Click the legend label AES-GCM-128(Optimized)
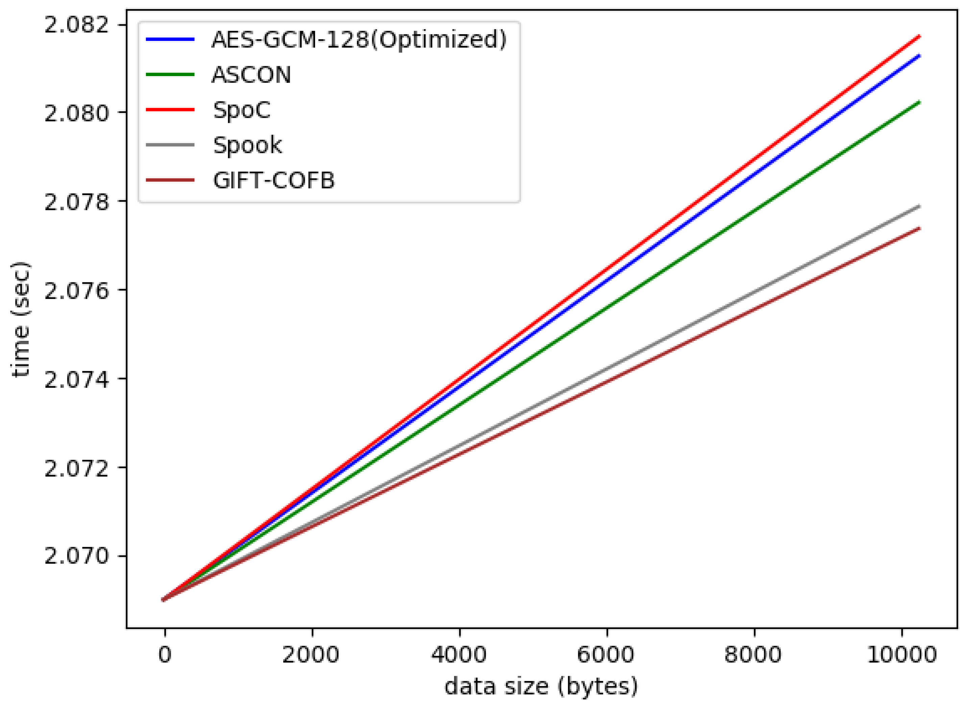coord(359,40)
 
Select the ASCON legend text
coord(251,75)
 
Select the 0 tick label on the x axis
coord(165,655)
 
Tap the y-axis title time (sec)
coord(21,319)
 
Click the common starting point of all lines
coord(163,599)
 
